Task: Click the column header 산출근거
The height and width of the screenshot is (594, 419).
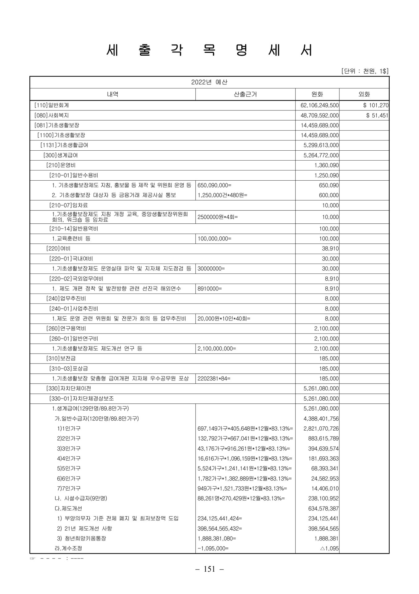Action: click(245, 94)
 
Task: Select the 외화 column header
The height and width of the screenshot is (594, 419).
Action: click(364, 94)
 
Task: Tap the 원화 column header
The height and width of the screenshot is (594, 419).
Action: click(317, 94)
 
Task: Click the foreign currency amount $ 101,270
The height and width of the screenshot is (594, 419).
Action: click(376, 105)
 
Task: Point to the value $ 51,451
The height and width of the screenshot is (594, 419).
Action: click(377, 115)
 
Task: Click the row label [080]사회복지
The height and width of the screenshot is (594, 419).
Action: click(52, 115)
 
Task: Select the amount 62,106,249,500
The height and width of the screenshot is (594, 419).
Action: click(320, 105)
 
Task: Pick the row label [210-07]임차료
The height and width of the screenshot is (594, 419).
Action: click(69, 205)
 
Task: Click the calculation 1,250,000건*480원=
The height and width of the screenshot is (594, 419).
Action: click(222, 195)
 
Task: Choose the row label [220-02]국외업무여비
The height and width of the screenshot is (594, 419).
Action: click(76, 279)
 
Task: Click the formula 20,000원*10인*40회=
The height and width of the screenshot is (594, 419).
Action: click(224, 318)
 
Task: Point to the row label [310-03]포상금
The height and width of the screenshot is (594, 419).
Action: click(69, 368)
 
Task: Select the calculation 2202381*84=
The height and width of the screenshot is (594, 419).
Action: click(214, 378)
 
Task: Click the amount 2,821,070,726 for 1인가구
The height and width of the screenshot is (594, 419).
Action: click(321, 428)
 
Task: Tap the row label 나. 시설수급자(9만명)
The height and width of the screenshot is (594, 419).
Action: click(81, 498)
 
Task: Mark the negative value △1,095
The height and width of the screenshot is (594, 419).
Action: click(329, 549)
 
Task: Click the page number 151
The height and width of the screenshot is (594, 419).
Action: click(209, 569)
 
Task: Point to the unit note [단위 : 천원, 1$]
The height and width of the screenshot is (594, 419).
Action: click(365, 71)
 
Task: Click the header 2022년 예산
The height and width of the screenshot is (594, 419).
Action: click(209, 82)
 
